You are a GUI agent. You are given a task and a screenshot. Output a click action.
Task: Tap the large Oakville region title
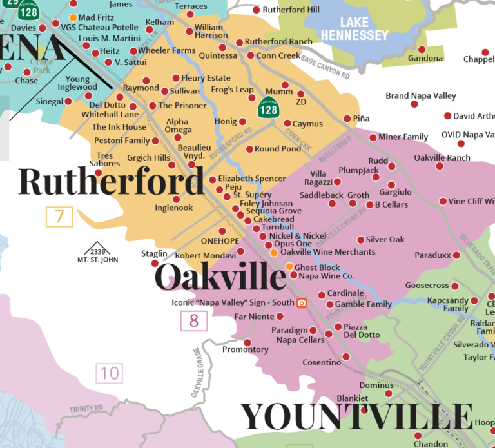pyautogui.click(x=220, y=277)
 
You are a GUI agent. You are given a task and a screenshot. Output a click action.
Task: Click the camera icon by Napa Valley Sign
pyautogui.click(x=301, y=303)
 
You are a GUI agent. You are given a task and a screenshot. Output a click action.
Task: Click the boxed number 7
pyautogui.click(x=59, y=217)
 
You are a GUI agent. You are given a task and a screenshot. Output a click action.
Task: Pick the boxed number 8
pyautogui.click(x=194, y=320)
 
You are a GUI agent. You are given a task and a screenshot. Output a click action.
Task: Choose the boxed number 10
pyautogui.click(x=110, y=373)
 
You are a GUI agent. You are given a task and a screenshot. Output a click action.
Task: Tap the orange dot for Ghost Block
pyautogui.click(x=289, y=267)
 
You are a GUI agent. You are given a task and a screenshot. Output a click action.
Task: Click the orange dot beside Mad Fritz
pyautogui.click(x=73, y=17)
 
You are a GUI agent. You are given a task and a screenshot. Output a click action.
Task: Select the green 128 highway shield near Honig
pyautogui.click(x=268, y=108)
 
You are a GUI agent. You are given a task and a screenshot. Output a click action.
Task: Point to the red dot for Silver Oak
pyautogui.click(x=360, y=240)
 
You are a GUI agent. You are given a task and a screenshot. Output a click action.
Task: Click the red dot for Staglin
pyautogui.click(x=155, y=263)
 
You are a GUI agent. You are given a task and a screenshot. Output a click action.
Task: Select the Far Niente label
pyautogui.click(x=253, y=316)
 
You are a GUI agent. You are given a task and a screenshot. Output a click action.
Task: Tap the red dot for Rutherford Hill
pyautogui.click(x=257, y=10)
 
